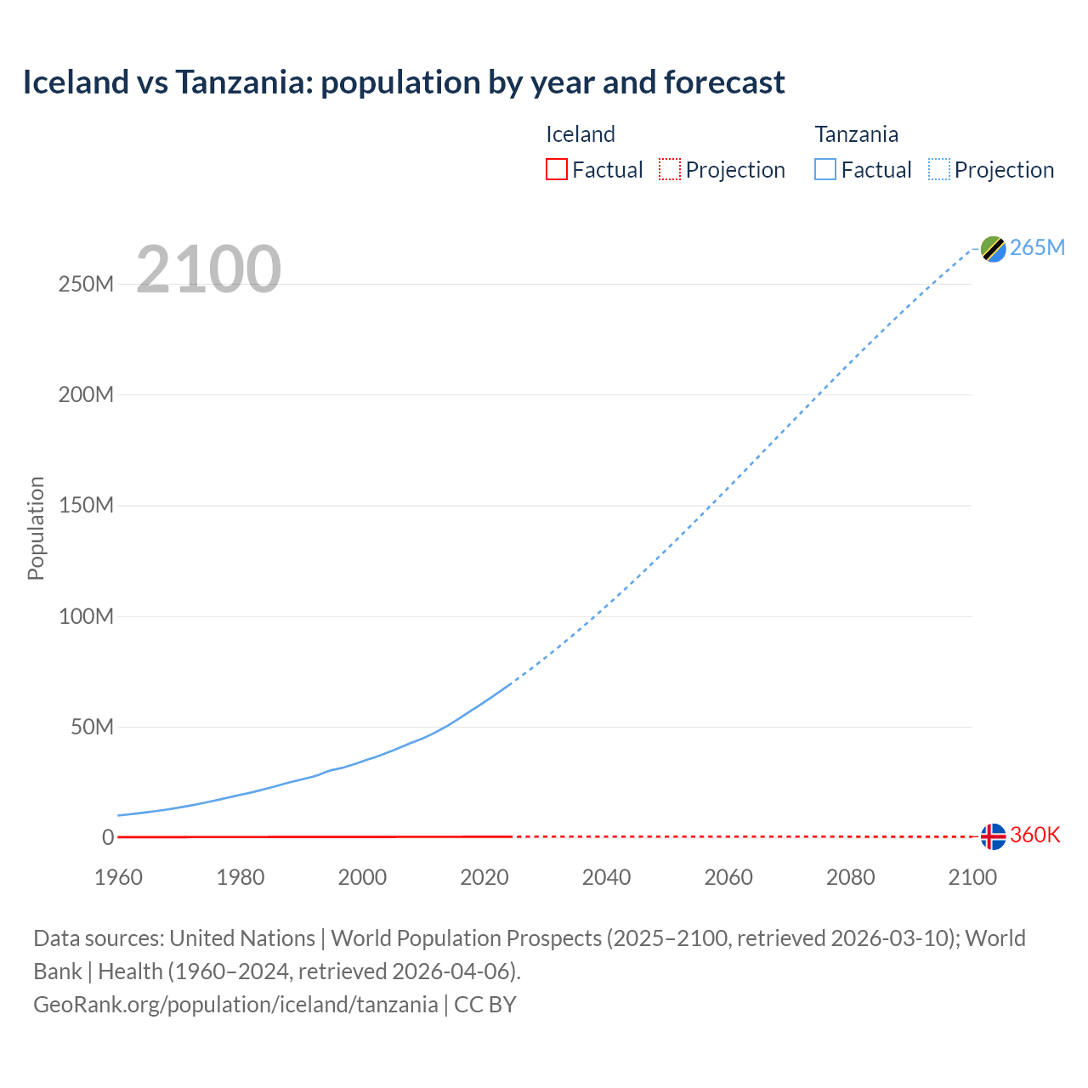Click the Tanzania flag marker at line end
coord(993,248)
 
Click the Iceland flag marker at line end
coord(993,836)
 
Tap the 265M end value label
coord(1037,247)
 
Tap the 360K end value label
coord(1035,836)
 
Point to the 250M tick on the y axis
coord(86,285)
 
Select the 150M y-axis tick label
coord(86,506)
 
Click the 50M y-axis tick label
coord(92,728)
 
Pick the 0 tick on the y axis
coord(108,838)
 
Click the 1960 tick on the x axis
coord(118,877)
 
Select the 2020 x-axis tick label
coord(484,877)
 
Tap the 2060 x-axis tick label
coord(728,877)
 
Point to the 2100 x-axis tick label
coord(972,877)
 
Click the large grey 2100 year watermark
coord(208,269)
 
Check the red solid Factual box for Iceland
coord(557,169)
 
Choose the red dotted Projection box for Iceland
coord(670,169)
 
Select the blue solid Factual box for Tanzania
coord(825,169)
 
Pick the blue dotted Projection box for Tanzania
coord(939,169)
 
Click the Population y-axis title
coord(36,528)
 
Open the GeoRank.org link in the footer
coord(235,1005)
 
